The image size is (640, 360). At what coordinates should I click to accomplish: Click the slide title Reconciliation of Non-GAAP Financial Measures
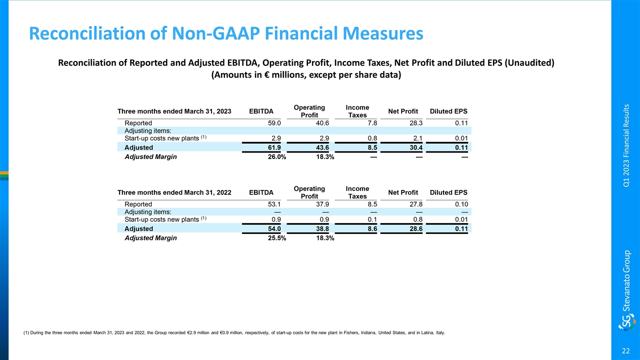226,33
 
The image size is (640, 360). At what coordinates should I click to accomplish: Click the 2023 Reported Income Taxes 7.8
371,122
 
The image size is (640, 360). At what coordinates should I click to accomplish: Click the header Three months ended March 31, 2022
174,192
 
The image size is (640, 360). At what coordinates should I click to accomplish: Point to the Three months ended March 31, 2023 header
174,111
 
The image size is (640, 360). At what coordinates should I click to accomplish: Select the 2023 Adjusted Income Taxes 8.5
371,147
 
